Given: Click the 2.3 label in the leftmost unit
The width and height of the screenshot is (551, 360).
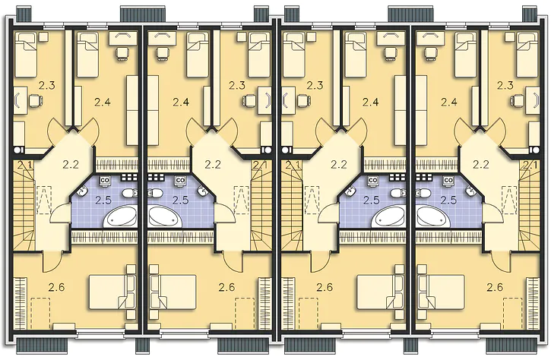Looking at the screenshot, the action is click(46, 85).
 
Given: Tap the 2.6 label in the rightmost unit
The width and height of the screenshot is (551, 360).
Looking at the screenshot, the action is click(495, 288).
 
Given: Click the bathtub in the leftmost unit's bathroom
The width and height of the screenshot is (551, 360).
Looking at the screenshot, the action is click(120, 217).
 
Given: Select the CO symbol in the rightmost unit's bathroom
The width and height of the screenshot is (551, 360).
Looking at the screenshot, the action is click(448, 180).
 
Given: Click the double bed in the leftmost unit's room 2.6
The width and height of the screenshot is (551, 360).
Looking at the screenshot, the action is click(112, 292).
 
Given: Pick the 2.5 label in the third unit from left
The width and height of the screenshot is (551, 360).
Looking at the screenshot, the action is click(372, 201).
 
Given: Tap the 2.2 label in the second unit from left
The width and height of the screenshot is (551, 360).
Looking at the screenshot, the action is click(213, 164).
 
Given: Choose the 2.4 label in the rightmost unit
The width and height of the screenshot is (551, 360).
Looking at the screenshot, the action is click(449, 103).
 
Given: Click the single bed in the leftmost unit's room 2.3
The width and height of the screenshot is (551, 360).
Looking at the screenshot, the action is click(26, 55).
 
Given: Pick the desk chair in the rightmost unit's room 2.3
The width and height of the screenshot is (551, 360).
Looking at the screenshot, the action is click(518, 100).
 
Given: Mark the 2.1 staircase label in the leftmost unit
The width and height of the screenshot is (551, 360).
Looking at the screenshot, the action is click(24, 165).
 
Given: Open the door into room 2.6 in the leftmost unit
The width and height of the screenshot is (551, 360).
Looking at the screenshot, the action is click(52, 261).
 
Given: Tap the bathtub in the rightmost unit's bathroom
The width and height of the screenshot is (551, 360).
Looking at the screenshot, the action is click(432, 217).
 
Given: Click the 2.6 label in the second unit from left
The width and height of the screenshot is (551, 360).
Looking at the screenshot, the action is click(226, 288).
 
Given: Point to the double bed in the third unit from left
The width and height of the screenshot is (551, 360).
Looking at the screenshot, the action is click(380, 292).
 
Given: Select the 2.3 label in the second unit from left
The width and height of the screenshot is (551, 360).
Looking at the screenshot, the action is click(237, 85).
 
